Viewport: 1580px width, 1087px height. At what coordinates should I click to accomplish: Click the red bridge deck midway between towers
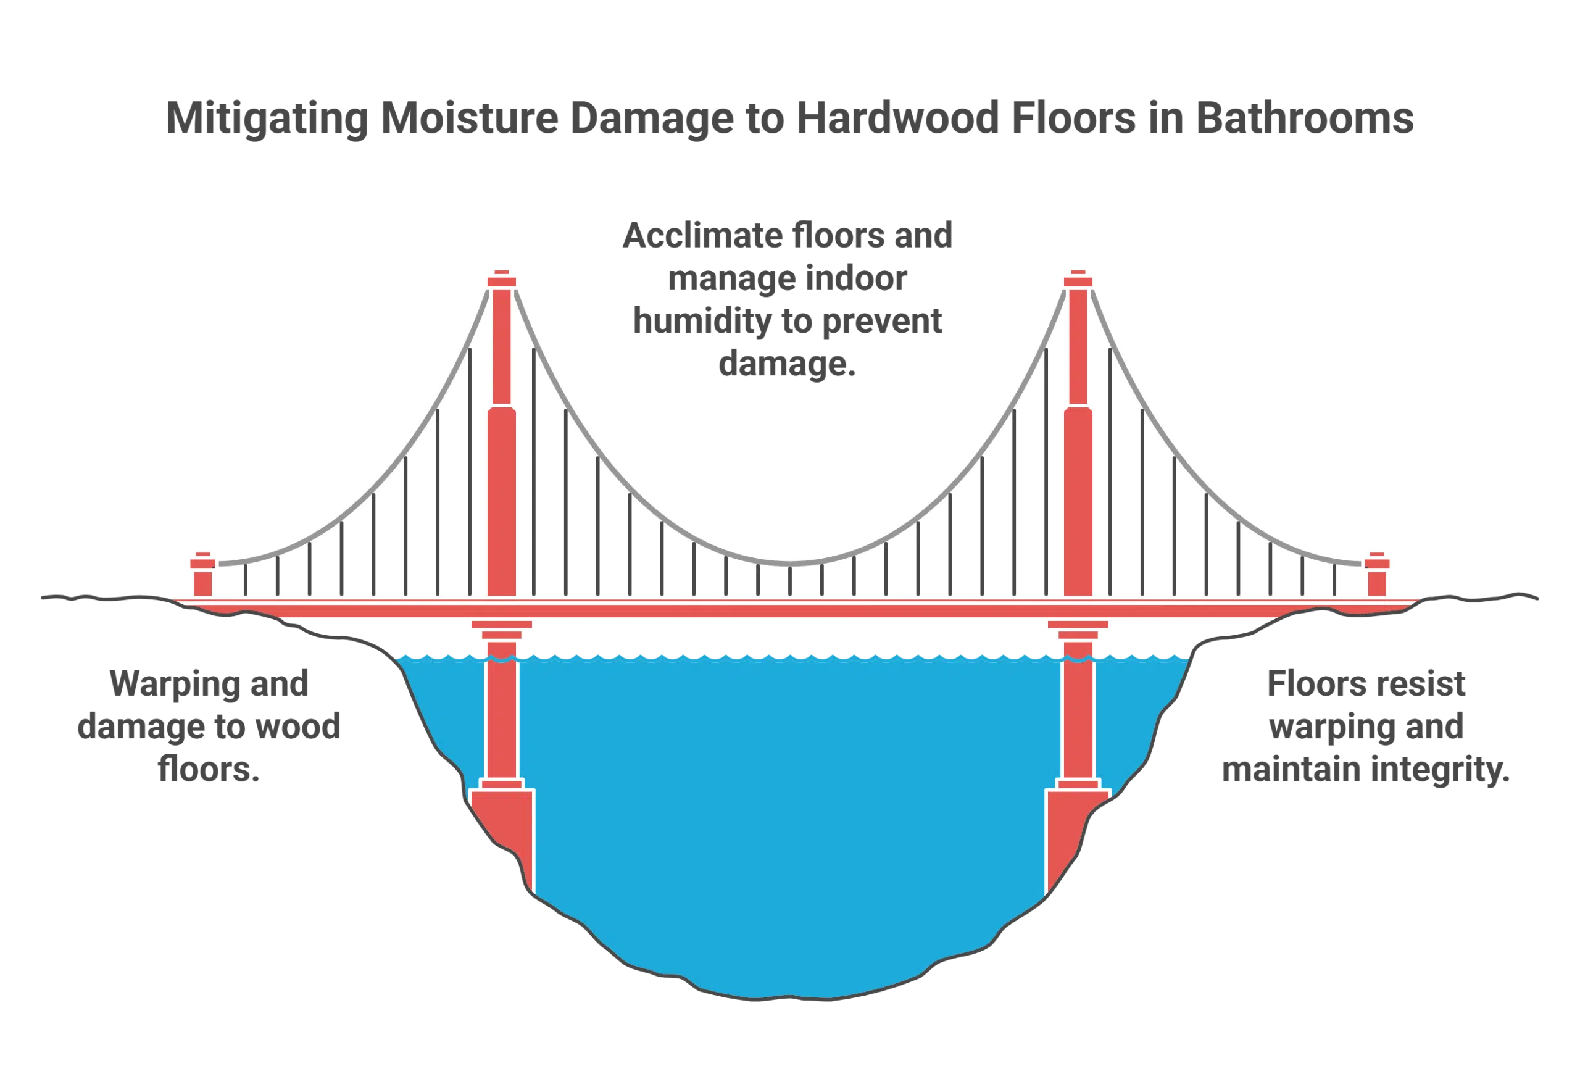[x=790, y=610]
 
